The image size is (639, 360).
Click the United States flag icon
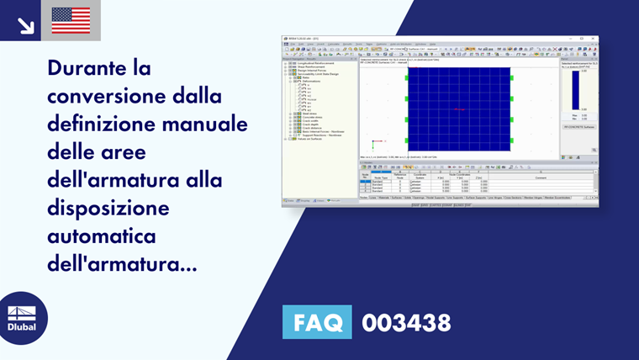[71, 20]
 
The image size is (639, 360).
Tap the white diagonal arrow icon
[25, 24]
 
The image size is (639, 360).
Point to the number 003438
[406, 322]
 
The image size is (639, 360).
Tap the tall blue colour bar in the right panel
[576, 89]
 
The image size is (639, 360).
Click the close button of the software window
[595, 39]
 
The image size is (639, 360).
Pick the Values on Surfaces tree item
[312, 138]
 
